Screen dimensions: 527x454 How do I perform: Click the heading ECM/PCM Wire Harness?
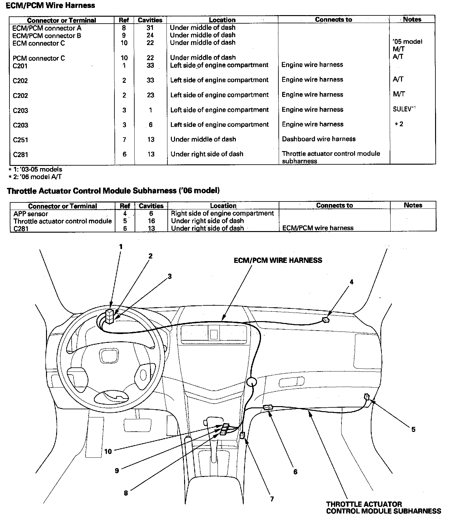click(x=50, y=5)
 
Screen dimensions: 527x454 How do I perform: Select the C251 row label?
click(x=20, y=140)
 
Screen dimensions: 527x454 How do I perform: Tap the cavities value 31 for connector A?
click(x=150, y=28)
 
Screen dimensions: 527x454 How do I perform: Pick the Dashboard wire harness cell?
click(x=318, y=139)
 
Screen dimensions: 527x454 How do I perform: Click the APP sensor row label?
click(x=31, y=214)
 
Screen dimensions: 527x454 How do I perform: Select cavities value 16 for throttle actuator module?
click(x=151, y=221)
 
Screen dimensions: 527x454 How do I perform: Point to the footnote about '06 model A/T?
click(x=35, y=177)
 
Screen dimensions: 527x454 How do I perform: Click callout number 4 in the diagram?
click(x=352, y=282)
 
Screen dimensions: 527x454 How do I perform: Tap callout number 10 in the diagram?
click(x=108, y=451)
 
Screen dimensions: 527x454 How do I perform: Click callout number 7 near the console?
click(x=272, y=499)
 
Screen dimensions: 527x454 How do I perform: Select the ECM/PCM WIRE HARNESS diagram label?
click(x=278, y=260)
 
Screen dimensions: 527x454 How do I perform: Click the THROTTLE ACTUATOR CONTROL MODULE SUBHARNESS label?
click(x=383, y=507)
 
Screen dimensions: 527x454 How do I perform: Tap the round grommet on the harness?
click(x=252, y=382)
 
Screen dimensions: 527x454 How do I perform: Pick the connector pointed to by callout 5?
click(x=367, y=396)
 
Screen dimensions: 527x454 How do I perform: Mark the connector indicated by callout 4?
click(x=326, y=320)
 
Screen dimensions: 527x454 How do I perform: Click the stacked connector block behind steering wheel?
click(x=109, y=316)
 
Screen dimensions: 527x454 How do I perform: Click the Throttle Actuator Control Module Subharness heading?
click(x=113, y=191)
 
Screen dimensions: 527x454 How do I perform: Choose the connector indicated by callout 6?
click(x=268, y=407)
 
